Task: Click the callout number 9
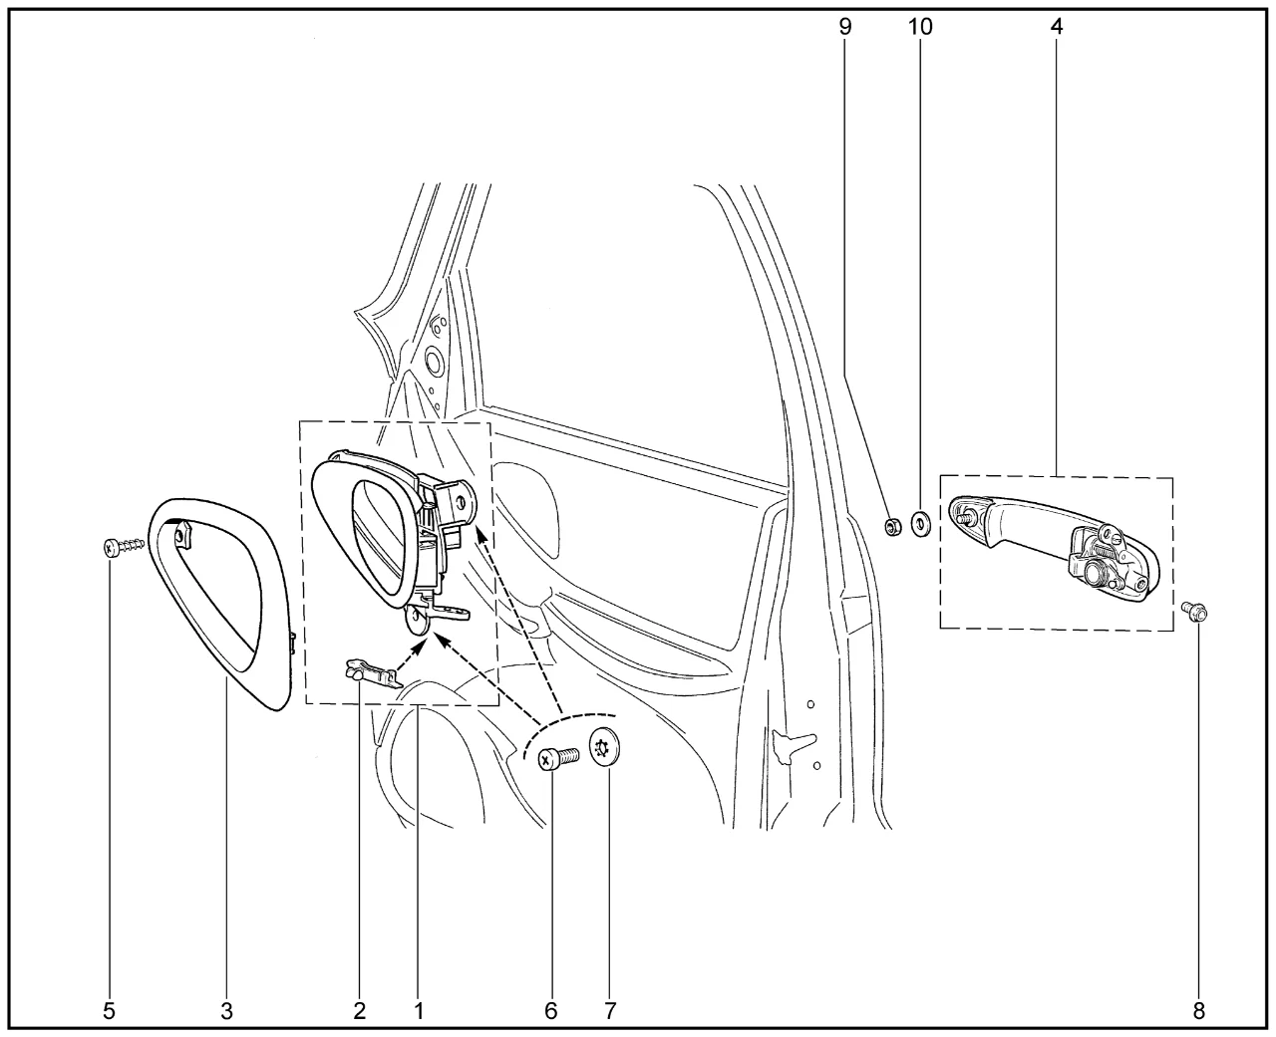[844, 27]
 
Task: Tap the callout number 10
[920, 27]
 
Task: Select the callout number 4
[1056, 27]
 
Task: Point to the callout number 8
[1198, 1011]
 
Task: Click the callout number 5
[109, 1011]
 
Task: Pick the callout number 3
[226, 1011]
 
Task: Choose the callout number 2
[360, 1011]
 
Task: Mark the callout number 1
[419, 1011]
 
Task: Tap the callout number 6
[551, 1011]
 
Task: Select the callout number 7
[610, 1011]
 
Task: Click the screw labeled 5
[124, 547]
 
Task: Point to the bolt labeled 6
[559, 759]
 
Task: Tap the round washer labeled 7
[604, 747]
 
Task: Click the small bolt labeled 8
[1194, 612]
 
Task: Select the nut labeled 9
[892, 527]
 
